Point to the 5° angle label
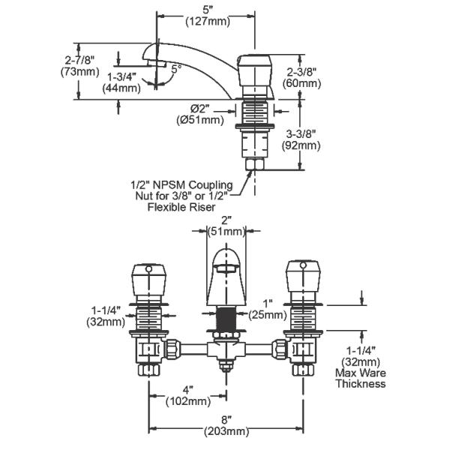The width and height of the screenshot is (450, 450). [x=175, y=68]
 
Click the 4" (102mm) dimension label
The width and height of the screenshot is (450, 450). [x=187, y=395]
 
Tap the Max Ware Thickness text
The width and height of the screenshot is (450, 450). [x=361, y=379]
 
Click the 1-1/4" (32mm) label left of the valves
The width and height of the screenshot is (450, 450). [x=105, y=314]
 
